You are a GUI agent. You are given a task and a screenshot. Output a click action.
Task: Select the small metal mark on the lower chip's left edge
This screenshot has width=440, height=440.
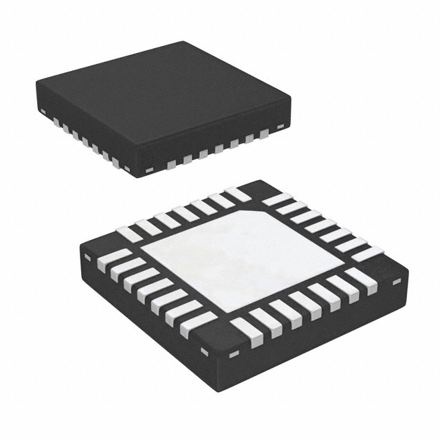click(x=87, y=256)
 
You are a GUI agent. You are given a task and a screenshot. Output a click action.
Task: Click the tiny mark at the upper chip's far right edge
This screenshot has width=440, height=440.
click(x=282, y=126)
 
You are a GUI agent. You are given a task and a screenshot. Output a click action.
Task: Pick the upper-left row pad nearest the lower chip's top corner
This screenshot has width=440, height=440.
click(x=238, y=195)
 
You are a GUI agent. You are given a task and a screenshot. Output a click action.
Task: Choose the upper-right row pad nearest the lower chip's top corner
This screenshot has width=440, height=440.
click(x=276, y=199)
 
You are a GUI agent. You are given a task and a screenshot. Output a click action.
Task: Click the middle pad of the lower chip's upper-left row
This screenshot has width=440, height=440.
click(x=184, y=213)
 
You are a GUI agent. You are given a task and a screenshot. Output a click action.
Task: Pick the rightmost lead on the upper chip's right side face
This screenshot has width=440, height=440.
click(x=265, y=134)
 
